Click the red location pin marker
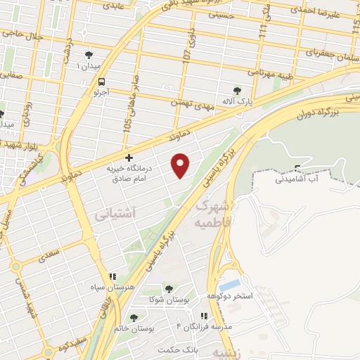point(181,165)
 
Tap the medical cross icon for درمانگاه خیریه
point(128,158)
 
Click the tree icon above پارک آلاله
point(238,91)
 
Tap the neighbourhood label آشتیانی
point(115,212)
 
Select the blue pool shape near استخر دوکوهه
point(229,285)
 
